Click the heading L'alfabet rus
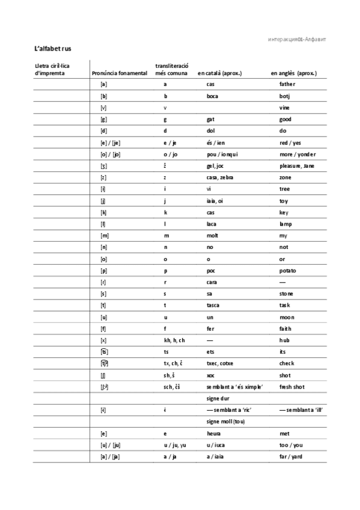[53, 48]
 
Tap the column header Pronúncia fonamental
[120, 73]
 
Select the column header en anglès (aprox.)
[293, 73]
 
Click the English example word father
[287, 84]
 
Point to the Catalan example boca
[212, 96]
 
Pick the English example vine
[284, 108]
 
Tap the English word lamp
[286, 224]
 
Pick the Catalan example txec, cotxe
[221, 364]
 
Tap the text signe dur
[218, 398]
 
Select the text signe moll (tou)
[225, 422]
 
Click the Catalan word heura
[213, 433]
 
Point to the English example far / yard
[291, 456]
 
